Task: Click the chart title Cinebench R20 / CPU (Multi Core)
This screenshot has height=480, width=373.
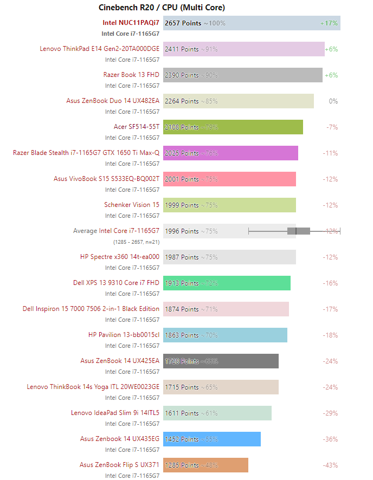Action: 162,8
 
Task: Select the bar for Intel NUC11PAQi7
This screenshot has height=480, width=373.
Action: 252,23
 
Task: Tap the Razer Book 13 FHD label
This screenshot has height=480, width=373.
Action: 131,75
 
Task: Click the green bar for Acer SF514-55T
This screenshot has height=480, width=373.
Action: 233,127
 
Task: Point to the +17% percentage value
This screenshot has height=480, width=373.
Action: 329,23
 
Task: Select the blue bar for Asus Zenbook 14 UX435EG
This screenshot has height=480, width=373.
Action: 212,439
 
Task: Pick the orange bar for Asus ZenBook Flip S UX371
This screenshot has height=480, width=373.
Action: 205,465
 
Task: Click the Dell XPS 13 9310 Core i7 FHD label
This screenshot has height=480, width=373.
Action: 116,283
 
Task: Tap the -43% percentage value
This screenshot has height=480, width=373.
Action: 330,465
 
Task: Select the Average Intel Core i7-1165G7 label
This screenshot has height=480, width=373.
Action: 116,231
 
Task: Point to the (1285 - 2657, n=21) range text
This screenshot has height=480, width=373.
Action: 136,242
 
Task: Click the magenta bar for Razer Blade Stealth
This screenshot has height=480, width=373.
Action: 230,153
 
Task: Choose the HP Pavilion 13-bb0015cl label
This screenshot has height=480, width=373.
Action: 124,335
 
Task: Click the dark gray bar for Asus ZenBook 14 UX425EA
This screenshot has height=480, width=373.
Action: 221,361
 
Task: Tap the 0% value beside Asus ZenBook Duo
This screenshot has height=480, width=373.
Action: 333,101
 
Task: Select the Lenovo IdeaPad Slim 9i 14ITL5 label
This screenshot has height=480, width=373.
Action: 115,413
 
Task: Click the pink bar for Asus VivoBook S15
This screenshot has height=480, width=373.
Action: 229,179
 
